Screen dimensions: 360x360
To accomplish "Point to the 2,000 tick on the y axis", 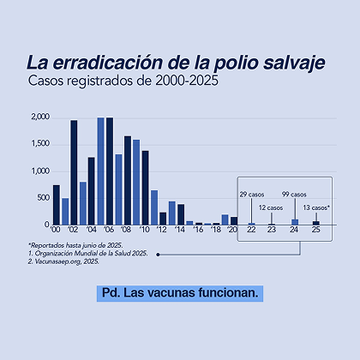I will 39,117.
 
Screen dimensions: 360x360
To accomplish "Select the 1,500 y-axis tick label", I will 39,144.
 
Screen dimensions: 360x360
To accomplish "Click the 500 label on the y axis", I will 42,198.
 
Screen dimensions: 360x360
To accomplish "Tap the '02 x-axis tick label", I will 74,231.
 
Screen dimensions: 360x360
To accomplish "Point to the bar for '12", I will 163,218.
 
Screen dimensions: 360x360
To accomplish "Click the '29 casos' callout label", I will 252,195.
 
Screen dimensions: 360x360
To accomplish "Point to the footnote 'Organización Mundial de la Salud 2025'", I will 88,254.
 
